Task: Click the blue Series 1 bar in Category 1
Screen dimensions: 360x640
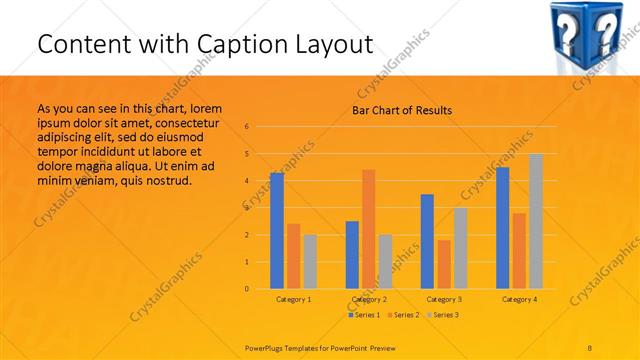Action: point(277,231)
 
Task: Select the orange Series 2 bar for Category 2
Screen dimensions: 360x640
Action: point(369,229)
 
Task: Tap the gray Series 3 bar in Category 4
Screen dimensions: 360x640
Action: point(536,221)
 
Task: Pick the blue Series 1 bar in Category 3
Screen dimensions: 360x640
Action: point(427,241)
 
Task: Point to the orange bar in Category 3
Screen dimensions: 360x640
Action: point(444,264)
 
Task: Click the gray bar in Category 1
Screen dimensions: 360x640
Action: point(310,262)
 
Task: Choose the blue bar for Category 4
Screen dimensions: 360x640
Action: point(503,228)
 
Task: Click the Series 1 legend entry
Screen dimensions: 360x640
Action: point(364,315)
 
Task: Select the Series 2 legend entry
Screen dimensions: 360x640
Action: point(403,315)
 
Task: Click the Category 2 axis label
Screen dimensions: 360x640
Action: point(369,299)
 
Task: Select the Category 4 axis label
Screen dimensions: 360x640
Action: point(519,299)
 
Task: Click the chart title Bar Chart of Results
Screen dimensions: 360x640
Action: point(401,110)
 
